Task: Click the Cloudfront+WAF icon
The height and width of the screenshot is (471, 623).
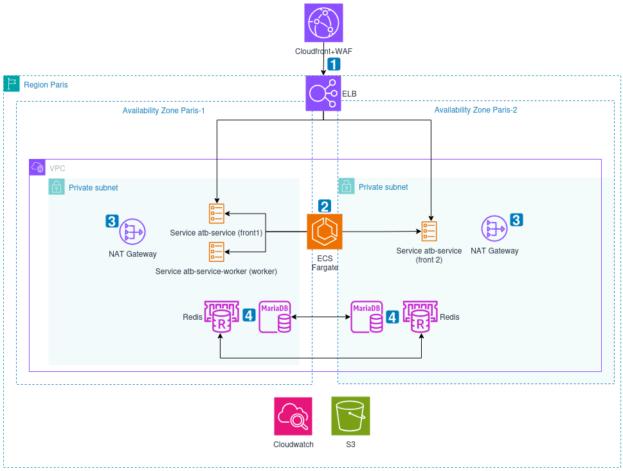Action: point(323,23)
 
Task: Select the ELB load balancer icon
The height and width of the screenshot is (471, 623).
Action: point(323,93)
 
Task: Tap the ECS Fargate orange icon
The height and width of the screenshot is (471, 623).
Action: point(325,232)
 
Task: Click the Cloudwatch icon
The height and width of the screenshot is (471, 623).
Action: point(293,416)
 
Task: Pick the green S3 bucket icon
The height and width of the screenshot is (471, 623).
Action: point(350,416)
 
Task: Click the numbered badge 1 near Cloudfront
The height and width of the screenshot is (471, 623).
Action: point(334,64)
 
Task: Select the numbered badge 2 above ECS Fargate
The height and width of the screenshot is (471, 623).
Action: point(325,206)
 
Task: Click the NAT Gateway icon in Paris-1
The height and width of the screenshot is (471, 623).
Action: point(132,232)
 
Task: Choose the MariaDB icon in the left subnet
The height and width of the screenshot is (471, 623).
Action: point(275,317)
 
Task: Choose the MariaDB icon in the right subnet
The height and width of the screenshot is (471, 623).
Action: point(366,317)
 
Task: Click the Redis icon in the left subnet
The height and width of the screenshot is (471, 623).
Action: point(221,317)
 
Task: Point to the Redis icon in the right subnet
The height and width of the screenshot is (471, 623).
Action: point(420,317)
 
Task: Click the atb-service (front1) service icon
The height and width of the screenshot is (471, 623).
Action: point(217,213)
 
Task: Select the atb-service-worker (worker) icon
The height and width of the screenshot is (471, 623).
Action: point(217,252)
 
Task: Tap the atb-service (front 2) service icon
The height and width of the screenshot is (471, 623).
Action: point(429,231)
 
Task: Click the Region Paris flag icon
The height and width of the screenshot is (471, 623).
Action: point(12,84)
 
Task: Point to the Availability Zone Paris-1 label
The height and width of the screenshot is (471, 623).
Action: point(163,110)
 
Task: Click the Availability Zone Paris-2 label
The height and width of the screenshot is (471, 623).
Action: point(475,110)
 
